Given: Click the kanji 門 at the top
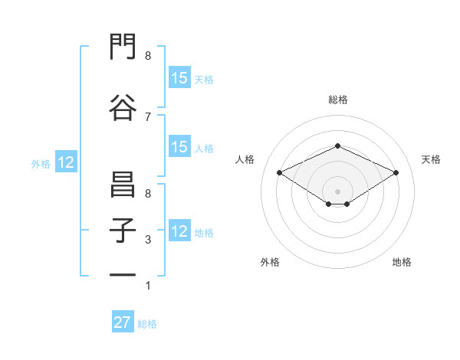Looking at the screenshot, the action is point(123,46).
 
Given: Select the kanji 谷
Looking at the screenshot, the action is point(123,107).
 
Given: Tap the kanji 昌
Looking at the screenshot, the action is point(123,184).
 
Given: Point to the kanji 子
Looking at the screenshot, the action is point(123,230).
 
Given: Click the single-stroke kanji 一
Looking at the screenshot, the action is point(123,275).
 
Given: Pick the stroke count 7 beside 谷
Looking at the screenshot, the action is point(148,117).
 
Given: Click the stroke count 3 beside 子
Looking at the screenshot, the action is point(148,240).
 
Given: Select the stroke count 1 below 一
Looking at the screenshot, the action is point(148,286).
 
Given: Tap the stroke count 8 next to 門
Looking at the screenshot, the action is point(148,56).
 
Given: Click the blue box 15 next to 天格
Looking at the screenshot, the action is point(179,77).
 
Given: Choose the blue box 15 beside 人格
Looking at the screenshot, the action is point(179,146).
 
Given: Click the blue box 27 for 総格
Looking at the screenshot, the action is point(123,321).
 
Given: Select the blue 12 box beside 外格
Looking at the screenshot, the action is point(66,162).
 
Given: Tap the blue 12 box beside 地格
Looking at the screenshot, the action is point(179,230).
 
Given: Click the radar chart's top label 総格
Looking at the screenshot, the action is point(338,100).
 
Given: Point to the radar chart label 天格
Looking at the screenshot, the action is point(431,159).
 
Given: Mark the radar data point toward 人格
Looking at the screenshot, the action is point(279,172).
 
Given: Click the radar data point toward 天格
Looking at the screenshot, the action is point(396,172).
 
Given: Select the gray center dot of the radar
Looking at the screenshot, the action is point(337,191).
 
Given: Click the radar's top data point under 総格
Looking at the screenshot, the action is point(337,146).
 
